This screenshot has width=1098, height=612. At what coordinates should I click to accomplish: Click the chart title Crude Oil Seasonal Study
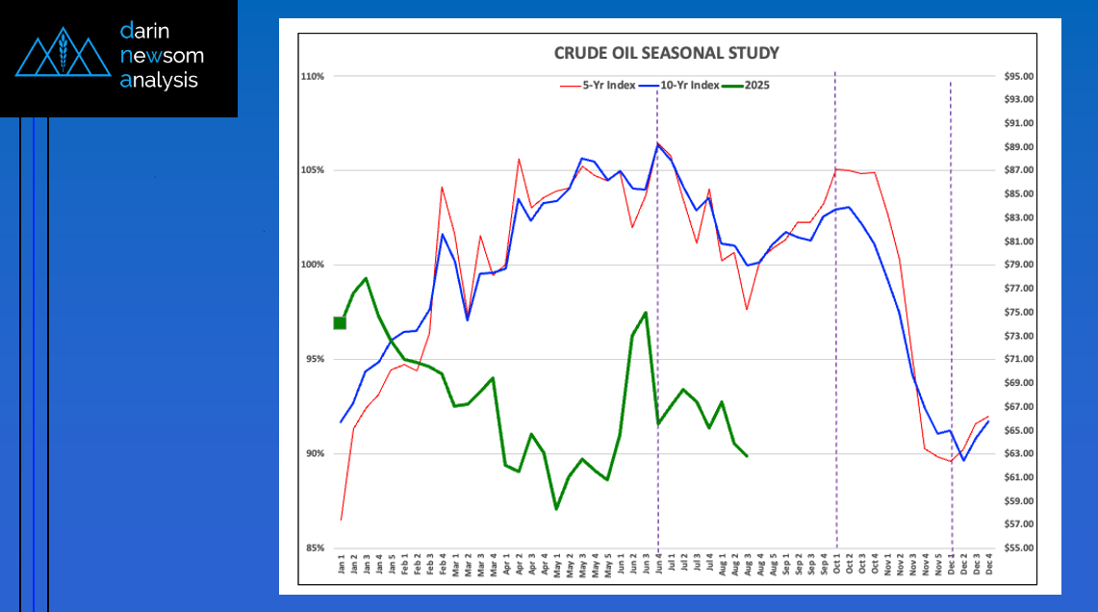[x=666, y=53]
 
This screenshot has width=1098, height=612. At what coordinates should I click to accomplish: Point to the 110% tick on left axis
[x=312, y=76]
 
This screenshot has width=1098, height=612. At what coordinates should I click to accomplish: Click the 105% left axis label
[x=312, y=170]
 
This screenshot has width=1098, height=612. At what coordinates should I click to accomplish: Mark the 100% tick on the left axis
[x=312, y=265]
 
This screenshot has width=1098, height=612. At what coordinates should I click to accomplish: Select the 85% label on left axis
[x=314, y=548]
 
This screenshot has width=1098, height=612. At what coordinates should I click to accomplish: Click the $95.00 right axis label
[x=1018, y=76]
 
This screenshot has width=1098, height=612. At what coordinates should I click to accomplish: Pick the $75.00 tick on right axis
[x=1018, y=312]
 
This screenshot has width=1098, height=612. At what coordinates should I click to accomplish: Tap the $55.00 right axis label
[x=1018, y=548]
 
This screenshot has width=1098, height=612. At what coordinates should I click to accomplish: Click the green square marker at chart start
[x=340, y=322]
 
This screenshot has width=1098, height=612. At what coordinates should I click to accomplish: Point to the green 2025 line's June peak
[x=645, y=312]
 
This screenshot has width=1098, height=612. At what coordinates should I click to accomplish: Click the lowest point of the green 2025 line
[x=556, y=508]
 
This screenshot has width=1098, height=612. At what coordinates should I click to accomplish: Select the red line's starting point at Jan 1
[x=341, y=520]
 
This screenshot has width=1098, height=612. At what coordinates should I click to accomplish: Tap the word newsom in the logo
[x=162, y=56]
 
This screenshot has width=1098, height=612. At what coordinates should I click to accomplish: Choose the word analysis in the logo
[x=159, y=80]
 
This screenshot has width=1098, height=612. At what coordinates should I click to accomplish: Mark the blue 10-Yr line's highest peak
[x=657, y=144]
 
